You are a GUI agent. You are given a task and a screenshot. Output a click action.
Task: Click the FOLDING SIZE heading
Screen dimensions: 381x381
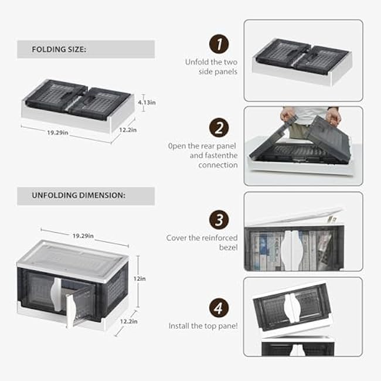(59, 49)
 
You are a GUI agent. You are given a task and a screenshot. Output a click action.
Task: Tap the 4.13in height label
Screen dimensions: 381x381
(147, 102)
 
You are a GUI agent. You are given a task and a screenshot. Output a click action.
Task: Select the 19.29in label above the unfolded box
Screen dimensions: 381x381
(84, 235)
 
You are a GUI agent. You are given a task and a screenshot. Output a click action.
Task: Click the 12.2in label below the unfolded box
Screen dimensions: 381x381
(130, 321)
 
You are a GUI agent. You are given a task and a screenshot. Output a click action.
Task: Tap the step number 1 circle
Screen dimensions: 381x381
(218, 45)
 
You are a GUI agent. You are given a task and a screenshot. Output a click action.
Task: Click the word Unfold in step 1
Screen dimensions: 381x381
(196, 62)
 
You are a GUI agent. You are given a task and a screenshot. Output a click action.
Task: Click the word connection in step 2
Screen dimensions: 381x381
(217, 165)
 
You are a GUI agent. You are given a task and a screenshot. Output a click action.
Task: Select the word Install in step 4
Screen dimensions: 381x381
(179, 325)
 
